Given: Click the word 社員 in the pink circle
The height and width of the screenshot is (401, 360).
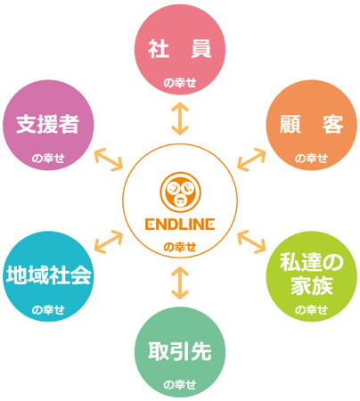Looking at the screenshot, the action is (180, 49).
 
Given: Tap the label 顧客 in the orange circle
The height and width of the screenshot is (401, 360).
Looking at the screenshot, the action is (311, 124).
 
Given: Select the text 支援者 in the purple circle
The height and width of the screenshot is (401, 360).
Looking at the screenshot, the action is (48, 124).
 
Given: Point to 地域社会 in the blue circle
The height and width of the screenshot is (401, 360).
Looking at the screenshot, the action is (48, 275).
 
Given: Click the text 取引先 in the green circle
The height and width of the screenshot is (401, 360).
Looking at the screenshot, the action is (180, 352).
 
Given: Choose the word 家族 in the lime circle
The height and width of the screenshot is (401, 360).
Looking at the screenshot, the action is (311, 286).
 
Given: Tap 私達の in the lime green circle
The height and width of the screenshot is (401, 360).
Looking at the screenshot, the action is (311, 262).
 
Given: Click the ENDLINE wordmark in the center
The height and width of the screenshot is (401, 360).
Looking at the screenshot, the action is (180, 225).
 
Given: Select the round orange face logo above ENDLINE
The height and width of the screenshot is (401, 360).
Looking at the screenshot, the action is (180, 192).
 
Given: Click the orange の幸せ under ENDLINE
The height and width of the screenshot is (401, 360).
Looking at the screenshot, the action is (180, 247).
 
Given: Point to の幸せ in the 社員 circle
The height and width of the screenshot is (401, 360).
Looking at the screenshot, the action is (180, 83).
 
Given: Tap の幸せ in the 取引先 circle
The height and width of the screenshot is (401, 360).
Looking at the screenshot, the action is (180, 385).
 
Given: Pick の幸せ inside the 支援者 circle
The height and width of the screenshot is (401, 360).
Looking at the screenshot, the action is (48, 159).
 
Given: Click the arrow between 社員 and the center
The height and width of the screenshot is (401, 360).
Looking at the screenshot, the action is (180, 119).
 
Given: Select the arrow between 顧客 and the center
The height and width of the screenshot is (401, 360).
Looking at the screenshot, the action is (251, 160).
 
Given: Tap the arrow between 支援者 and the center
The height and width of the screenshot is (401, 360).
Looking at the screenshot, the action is (109, 160).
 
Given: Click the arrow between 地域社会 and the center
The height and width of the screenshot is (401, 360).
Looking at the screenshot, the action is (109, 241).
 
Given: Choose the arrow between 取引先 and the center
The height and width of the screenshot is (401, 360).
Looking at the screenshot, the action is (180, 282).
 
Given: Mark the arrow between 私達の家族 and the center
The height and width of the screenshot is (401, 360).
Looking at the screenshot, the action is (251, 241).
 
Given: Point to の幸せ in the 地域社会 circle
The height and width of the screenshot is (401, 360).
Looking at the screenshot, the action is (48, 310).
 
